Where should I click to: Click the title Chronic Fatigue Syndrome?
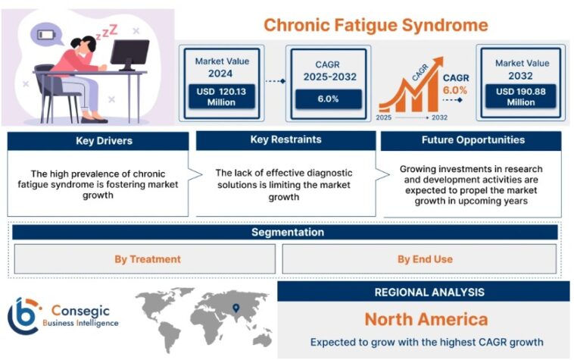coord(376,24)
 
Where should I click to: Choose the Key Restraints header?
coord(285,140)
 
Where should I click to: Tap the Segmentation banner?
coord(287,233)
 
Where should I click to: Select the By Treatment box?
coord(147,259)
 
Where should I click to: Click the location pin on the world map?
coord(236,308)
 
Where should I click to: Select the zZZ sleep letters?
coord(106,30)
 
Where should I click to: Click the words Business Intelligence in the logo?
coord(80,324)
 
